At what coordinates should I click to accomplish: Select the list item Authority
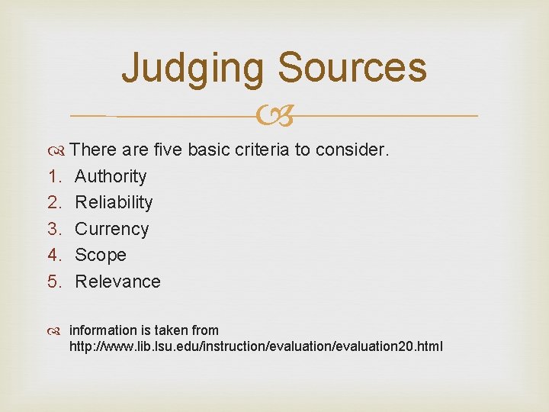click(111, 176)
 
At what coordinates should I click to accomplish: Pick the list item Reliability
click(114, 202)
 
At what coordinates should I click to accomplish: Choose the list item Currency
click(111, 229)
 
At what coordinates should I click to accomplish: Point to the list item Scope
click(101, 255)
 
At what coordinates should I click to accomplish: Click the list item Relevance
click(117, 282)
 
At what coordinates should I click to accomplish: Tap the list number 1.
click(53, 176)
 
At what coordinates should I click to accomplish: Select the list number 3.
click(53, 229)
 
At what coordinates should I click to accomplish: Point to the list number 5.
click(53, 282)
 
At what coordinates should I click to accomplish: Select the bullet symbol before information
click(59, 331)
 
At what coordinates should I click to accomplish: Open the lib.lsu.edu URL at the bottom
click(255, 347)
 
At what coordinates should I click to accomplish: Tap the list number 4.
click(53, 255)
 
